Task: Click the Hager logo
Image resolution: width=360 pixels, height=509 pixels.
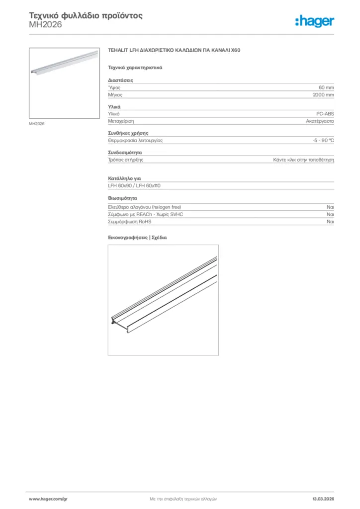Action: pyautogui.click(x=314, y=21)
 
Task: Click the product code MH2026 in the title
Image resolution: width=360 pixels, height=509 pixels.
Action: pyautogui.click(x=45, y=24)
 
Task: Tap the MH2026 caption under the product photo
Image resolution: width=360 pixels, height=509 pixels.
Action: pyautogui.click(x=37, y=124)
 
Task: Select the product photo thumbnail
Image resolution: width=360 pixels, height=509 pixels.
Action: pyautogui.click(x=64, y=83)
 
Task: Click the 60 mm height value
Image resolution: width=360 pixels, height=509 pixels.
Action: pyautogui.click(x=326, y=87)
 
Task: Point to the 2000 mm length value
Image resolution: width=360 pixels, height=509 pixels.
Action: pyautogui.click(x=323, y=94)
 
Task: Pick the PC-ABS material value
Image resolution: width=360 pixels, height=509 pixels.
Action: pyautogui.click(x=325, y=114)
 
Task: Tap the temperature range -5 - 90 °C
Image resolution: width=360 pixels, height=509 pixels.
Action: pyautogui.click(x=323, y=140)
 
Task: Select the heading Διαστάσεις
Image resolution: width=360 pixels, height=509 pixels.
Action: pyautogui.click(x=120, y=80)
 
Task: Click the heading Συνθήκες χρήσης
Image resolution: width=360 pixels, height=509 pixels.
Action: pyautogui.click(x=128, y=133)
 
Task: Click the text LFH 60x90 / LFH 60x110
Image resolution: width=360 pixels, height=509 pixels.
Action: pyautogui.click(x=134, y=185)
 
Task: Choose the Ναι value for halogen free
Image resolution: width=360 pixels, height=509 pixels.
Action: pyautogui.click(x=330, y=206)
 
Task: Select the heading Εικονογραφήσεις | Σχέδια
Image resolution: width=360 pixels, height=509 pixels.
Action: pyautogui.click(x=137, y=238)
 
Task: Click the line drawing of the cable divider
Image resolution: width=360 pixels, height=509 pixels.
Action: pyautogui.click(x=163, y=299)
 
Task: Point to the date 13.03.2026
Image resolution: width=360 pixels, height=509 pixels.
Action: pyautogui.click(x=323, y=499)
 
